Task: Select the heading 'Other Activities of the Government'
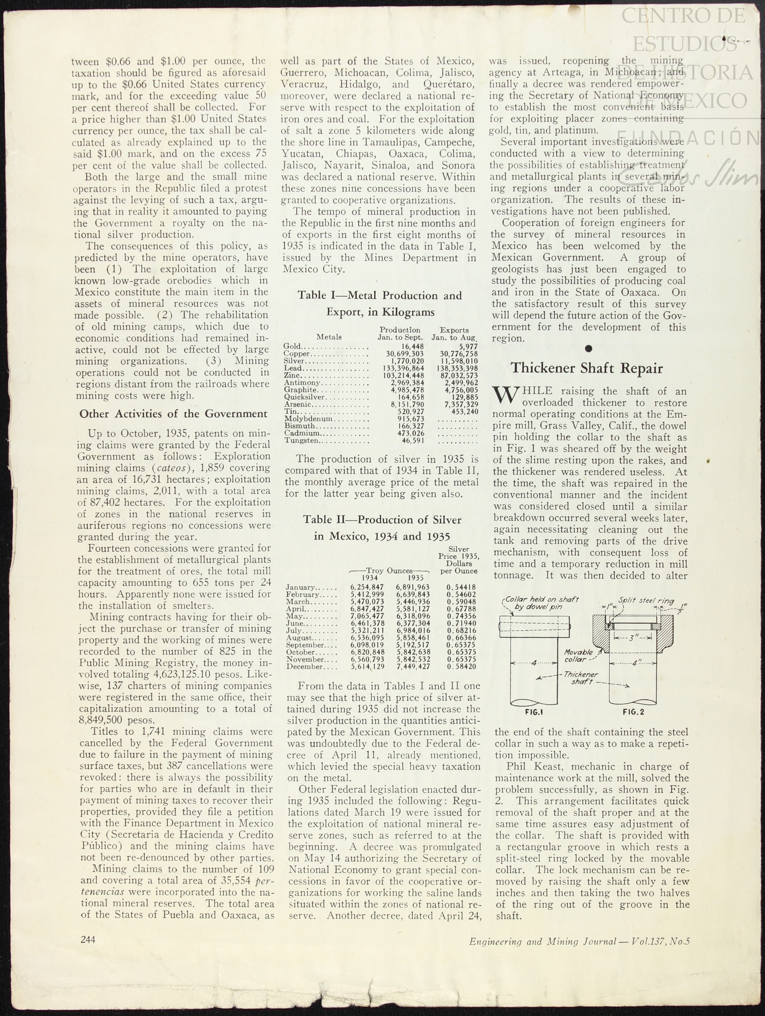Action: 173,414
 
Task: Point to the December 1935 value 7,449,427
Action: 413,666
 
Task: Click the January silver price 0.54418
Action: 461,587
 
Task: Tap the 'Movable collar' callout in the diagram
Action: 579,656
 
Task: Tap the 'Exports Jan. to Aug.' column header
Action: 454,334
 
